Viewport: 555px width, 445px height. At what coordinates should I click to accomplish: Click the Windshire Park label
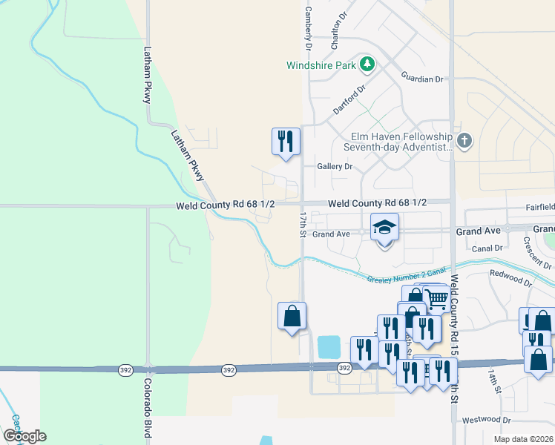coord(321,65)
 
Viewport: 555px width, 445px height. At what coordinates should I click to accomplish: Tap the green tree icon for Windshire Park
coord(366,65)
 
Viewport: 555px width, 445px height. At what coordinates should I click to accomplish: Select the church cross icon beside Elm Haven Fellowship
coord(464,141)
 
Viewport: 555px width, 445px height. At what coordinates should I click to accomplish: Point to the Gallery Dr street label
coord(335,167)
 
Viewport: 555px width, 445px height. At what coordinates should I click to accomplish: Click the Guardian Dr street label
coord(421,77)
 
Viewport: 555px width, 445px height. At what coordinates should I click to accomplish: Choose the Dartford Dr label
coord(349,99)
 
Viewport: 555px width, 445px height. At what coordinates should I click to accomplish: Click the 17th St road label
coord(303,222)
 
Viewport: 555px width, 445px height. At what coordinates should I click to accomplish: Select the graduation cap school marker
coord(384,227)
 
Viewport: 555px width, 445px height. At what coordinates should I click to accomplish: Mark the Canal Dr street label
coord(487,248)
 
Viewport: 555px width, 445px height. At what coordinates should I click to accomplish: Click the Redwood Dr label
coord(510,278)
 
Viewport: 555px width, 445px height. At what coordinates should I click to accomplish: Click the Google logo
coord(24,436)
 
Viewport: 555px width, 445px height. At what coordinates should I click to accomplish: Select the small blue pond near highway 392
coord(329,346)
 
